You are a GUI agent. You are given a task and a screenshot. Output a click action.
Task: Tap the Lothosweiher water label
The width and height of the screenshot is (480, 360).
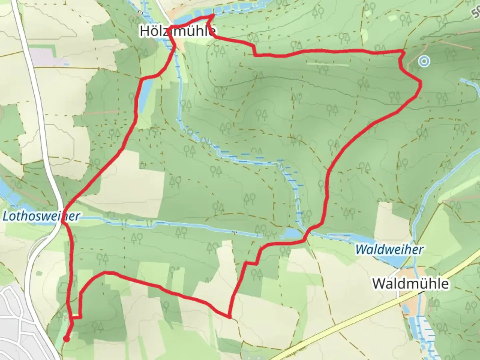coord(41,216)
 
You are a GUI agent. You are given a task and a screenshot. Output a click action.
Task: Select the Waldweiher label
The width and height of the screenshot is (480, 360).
coord(389,249)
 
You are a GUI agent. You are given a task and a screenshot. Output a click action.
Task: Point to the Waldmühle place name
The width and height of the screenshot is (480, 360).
coord(410,284)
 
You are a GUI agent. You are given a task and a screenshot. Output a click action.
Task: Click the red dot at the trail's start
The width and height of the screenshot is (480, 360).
coord(67,339)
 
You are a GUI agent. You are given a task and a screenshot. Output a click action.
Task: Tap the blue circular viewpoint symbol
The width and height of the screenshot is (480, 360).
coord(424,61)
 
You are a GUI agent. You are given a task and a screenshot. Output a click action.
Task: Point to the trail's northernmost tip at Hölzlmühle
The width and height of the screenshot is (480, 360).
coord(213,15)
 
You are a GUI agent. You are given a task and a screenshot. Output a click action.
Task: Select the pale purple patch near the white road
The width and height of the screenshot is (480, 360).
coord(50,57)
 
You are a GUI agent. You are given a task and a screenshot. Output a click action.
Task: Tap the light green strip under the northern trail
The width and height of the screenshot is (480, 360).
coord(328,63)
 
